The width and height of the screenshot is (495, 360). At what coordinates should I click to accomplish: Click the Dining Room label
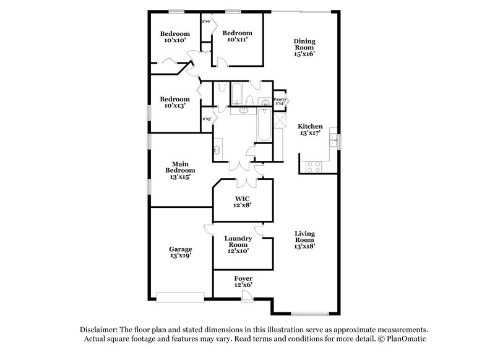(x=304, y=48)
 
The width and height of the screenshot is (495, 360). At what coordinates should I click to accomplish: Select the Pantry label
(x=280, y=100)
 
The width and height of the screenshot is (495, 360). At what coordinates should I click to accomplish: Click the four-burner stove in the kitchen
(x=313, y=166)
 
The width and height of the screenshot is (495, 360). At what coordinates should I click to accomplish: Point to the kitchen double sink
(x=333, y=139)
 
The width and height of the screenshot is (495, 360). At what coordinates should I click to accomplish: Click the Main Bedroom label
(x=180, y=170)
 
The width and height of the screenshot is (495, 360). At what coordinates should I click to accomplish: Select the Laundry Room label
(x=238, y=242)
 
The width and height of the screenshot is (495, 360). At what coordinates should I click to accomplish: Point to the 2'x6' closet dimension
(x=206, y=22)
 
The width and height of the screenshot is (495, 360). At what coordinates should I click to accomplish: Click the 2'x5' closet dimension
(x=206, y=118)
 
